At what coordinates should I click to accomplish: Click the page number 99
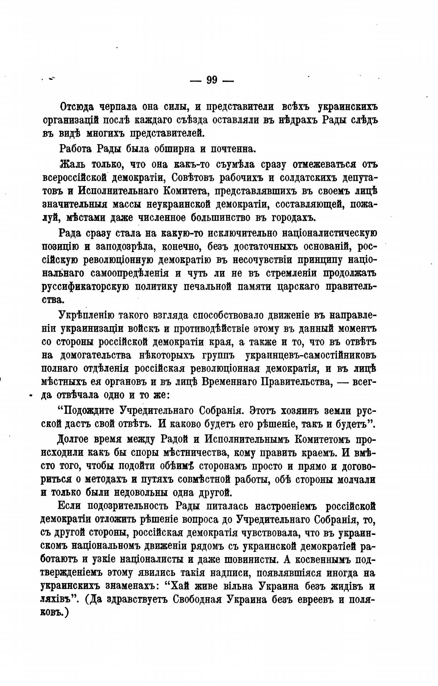212,80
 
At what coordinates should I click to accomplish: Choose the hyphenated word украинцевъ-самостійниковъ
311,355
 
